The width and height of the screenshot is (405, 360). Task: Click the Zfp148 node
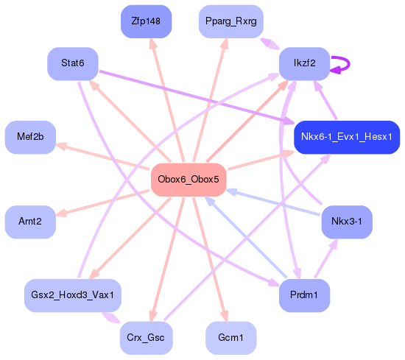[146, 21]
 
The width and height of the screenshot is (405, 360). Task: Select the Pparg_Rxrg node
[231, 21]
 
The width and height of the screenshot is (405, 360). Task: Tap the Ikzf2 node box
[303, 63]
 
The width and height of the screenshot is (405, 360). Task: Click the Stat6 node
[72, 63]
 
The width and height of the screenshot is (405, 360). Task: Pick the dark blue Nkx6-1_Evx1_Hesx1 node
[346, 137]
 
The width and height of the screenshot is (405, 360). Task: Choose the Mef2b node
[30, 137]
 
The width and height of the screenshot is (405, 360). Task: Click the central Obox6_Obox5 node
[188, 180]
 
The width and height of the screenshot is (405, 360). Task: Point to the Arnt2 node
[30, 221]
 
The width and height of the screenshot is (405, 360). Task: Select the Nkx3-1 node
[346, 221]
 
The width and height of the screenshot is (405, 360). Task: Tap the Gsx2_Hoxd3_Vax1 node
[72, 294]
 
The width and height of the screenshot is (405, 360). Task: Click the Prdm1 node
[303, 294]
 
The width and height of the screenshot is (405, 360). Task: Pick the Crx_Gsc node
[146, 337]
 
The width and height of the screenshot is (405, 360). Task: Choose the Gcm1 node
[231, 337]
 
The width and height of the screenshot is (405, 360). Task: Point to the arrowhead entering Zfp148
[152, 43]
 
